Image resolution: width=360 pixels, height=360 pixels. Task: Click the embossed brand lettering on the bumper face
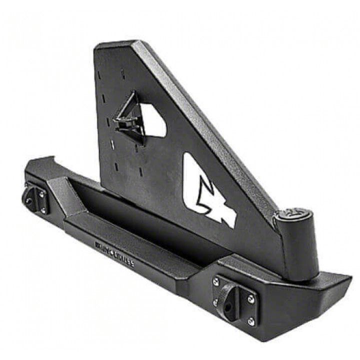point(114,253)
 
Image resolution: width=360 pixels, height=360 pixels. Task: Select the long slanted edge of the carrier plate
point(210,125)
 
